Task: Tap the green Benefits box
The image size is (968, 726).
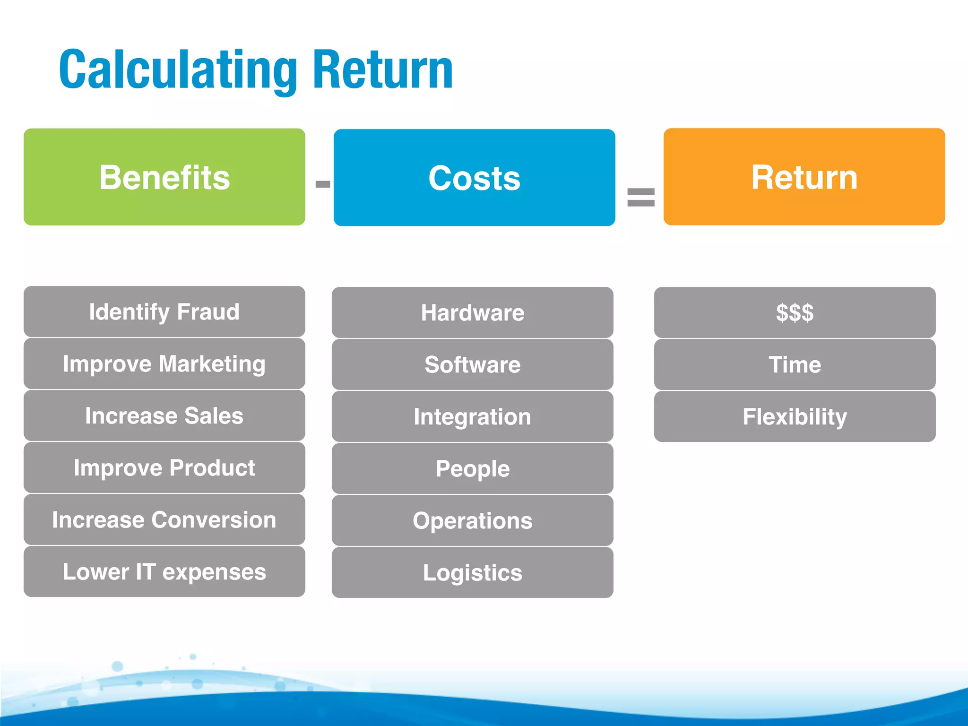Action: (x=164, y=177)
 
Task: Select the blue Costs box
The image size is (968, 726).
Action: (x=474, y=177)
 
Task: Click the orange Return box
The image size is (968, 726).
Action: (x=804, y=176)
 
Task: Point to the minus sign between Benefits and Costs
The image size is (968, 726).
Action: (x=322, y=184)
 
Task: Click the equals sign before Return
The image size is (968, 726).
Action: (x=640, y=197)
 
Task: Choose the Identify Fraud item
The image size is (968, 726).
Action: (x=164, y=311)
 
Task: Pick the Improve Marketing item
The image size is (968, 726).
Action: (x=164, y=363)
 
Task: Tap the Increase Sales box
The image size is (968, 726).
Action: (x=164, y=415)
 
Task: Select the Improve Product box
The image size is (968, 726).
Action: (x=164, y=467)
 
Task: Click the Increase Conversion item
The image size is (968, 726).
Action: (x=164, y=519)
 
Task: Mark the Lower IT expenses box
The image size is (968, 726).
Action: (x=164, y=571)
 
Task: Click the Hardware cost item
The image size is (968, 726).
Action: (x=472, y=312)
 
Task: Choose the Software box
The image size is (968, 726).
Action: (x=472, y=364)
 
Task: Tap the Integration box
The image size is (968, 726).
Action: (x=472, y=416)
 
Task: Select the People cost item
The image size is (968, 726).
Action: (x=472, y=468)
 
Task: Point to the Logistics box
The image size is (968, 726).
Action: (x=472, y=572)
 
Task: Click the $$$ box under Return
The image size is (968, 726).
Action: (x=795, y=312)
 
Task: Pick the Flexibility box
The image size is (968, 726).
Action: (x=795, y=416)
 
